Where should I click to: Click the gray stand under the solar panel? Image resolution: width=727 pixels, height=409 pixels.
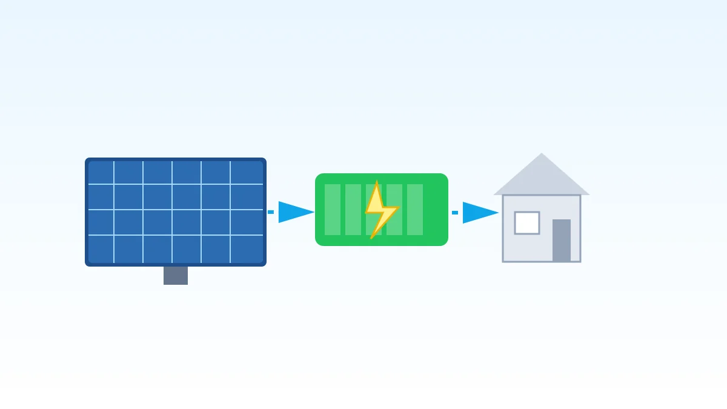click(x=176, y=276)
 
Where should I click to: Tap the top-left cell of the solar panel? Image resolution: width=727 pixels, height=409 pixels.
click(x=101, y=172)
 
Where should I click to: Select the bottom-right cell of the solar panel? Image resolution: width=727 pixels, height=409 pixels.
click(x=247, y=248)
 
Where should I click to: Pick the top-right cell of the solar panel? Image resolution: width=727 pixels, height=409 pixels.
click(x=247, y=172)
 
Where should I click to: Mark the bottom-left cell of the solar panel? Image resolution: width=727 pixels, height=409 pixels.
click(x=101, y=248)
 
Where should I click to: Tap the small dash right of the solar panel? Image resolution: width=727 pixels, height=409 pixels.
click(x=271, y=212)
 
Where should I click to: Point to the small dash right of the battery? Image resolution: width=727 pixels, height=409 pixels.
click(x=455, y=213)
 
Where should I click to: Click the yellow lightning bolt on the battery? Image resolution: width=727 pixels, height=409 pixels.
click(x=379, y=209)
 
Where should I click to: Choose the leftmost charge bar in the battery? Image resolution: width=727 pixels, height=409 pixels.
click(x=333, y=210)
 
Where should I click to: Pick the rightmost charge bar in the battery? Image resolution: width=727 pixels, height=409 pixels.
click(x=415, y=210)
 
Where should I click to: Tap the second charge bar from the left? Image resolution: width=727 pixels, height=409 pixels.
click(x=353, y=210)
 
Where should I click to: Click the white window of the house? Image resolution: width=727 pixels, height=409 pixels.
click(x=527, y=223)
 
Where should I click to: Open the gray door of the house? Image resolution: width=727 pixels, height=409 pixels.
click(x=562, y=241)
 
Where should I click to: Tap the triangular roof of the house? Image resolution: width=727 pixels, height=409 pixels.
click(x=542, y=179)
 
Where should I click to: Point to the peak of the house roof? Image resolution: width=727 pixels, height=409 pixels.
click(x=542, y=155)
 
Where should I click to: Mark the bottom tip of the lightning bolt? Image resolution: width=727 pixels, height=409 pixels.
click(x=371, y=237)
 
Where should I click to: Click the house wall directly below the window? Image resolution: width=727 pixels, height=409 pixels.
click(x=527, y=248)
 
